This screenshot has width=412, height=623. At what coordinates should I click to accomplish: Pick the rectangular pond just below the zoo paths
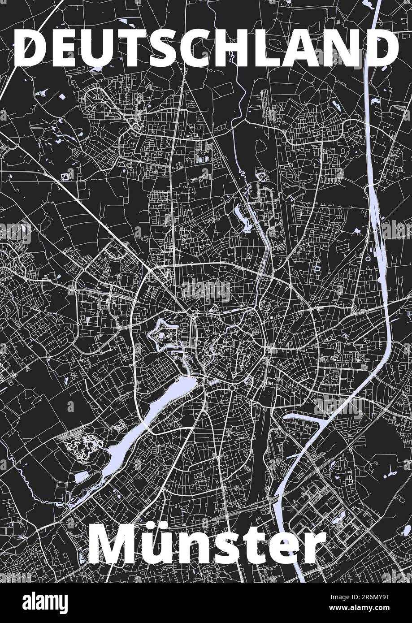click(x=82, y=476)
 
